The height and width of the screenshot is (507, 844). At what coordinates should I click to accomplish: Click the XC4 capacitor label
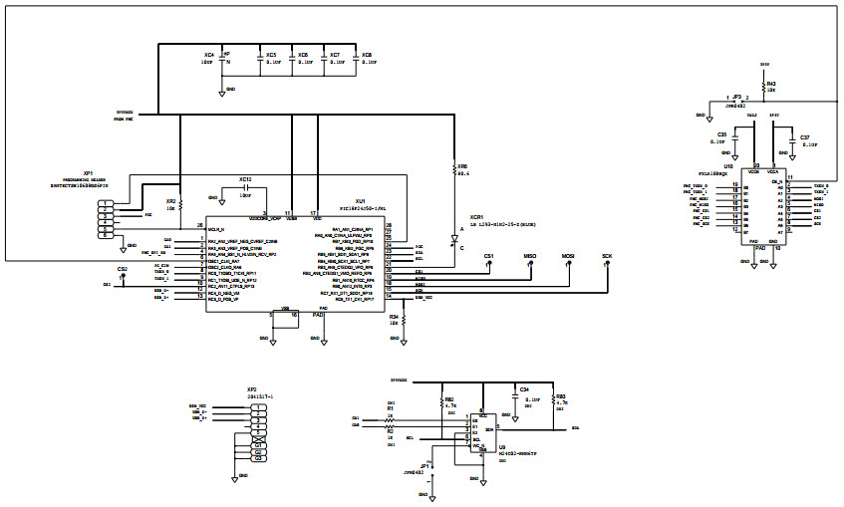click(208, 55)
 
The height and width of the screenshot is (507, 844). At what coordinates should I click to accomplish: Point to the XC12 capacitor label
click(245, 180)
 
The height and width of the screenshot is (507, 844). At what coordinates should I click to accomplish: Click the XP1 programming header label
click(89, 172)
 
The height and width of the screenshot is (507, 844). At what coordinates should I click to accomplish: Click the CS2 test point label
click(122, 269)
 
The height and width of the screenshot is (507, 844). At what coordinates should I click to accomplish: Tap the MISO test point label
click(530, 257)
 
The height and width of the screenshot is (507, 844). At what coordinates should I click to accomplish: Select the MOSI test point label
click(568, 257)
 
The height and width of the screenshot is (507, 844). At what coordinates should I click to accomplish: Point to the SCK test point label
click(607, 257)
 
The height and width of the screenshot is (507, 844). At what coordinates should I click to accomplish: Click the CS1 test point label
click(488, 257)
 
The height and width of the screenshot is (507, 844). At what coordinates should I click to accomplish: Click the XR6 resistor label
click(462, 166)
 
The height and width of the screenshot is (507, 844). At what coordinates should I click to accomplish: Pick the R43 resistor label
click(771, 85)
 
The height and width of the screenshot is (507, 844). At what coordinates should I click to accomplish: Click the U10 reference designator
click(728, 167)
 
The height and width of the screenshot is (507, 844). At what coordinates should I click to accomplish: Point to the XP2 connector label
click(251, 389)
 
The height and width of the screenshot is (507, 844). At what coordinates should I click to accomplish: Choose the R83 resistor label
click(560, 395)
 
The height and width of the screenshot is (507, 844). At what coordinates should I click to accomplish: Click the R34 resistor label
click(394, 317)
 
